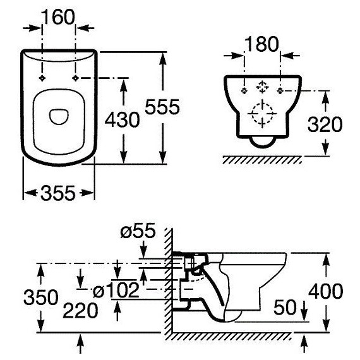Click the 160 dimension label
coord(59,17)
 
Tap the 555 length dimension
coord(162,107)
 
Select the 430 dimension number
coord(122,119)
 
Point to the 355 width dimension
coord(58,193)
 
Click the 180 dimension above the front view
coord(261,44)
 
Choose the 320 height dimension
coord(325,124)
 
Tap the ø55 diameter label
coord(138,231)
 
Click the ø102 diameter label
coord(116,290)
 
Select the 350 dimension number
coord(41,297)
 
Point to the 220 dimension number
coord(80,310)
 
